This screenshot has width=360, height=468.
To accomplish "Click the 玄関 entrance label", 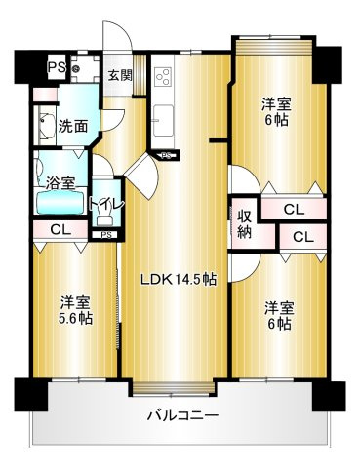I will [119, 75].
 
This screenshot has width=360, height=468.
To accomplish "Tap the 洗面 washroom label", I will [71, 125].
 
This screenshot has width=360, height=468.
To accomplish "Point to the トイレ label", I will [104, 204].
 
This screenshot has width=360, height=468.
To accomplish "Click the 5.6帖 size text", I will [74, 318].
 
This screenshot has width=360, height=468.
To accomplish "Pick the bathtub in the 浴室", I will [60, 203].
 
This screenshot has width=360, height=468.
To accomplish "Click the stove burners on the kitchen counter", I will [162, 76].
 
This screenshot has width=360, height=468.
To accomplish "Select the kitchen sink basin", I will [162, 121].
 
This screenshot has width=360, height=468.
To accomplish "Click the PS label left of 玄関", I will [55, 67].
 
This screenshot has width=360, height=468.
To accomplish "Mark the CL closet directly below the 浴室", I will [59, 230].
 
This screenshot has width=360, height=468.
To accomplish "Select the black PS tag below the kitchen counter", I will [168, 154].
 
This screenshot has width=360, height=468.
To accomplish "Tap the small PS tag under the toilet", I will [104, 234].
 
